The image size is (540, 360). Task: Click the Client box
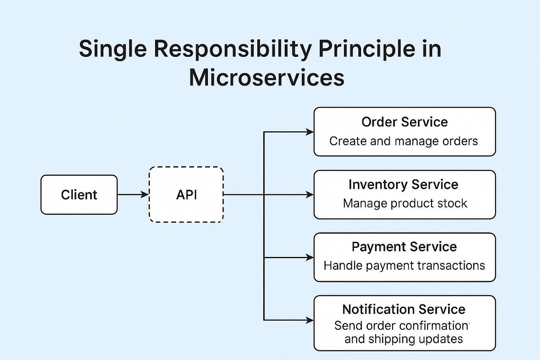pos(79,195)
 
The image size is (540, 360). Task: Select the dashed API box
pos(186,195)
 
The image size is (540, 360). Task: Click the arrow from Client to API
pos(133,195)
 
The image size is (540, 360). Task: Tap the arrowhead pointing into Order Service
pos(309,132)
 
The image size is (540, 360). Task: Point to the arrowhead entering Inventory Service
pos(309,195)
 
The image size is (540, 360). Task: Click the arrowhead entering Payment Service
pos(309,257)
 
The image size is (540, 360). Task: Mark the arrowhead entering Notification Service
pos(309,320)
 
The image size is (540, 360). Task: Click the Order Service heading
pos(404,122)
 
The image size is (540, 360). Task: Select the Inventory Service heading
pos(403,185)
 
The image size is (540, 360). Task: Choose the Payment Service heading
pos(404,247)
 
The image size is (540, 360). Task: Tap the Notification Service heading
pos(404,309)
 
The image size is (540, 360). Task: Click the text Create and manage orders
pos(403,141)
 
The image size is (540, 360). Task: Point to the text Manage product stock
pos(405,203)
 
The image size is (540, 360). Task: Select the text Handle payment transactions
pos(404,266)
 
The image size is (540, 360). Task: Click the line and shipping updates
pos(404,339)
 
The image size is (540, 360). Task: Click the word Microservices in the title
pos(266,78)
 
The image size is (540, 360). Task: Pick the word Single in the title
pos(113,49)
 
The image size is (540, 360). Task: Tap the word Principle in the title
pos(367,49)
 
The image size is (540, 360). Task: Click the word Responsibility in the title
pos(233,49)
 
